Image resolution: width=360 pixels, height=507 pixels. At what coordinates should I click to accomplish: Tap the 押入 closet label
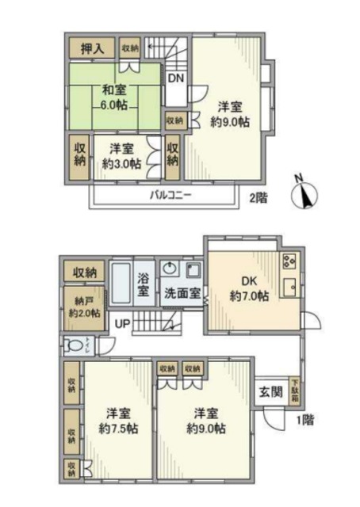[x=92, y=49]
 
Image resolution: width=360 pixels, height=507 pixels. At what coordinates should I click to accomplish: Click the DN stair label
[x=175, y=78]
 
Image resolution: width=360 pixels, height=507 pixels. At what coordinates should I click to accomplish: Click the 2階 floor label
[x=258, y=197]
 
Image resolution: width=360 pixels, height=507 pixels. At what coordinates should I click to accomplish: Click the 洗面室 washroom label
[x=183, y=292]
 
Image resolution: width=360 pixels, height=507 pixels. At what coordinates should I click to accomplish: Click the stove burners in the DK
[x=289, y=260]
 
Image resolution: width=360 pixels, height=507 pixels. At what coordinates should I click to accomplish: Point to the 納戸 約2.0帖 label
[x=84, y=307]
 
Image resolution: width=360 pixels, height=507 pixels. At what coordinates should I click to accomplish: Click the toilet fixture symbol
[x=77, y=345]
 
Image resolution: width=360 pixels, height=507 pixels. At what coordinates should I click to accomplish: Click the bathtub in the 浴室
[x=121, y=282]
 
